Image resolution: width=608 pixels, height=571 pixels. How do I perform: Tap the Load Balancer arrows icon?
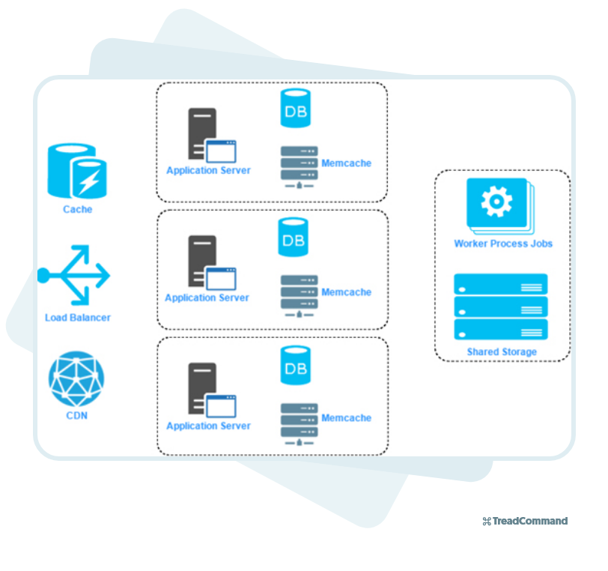click(x=75, y=276)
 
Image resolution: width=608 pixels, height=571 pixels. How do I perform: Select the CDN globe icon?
click(x=76, y=378)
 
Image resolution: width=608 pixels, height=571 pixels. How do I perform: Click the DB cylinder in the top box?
click(x=295, y=109)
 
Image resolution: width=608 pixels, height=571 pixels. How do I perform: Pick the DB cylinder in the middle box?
click(x=293, y=237)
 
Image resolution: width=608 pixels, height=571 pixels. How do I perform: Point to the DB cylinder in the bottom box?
click(x=294, y=365)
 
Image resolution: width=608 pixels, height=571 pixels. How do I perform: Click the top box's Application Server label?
click(x=208, y=170)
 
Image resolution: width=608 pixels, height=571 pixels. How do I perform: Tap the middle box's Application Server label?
click(x=207, y=297)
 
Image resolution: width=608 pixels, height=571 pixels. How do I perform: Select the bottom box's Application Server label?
click(x=208, y=426)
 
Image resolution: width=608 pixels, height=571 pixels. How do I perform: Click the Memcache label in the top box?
click(x=346, y=163)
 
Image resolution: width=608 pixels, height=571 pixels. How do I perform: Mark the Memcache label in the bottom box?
click(x=346, y=418)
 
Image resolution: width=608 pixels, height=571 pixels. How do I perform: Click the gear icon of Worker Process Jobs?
click(x=496, y=202)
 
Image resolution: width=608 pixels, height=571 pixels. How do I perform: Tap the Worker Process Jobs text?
click(x=502, y=244)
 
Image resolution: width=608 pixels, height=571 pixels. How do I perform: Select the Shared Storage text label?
click(x=502, y=351)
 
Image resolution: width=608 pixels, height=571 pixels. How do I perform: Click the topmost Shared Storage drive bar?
click(x=500, y=284)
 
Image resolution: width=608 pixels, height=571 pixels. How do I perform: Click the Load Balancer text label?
click(x=77, y=318)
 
